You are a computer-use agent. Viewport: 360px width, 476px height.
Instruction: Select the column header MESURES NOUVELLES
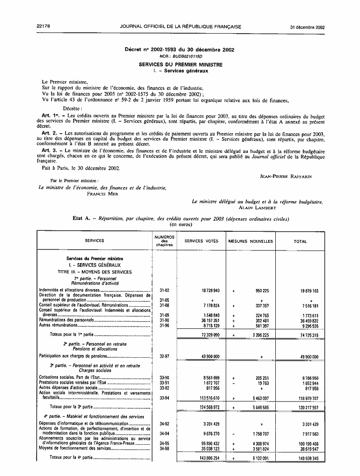(251, 241)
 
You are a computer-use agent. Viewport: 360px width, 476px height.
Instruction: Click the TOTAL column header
(300, 241)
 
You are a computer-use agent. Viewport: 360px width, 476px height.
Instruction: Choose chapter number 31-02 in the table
(164, 291)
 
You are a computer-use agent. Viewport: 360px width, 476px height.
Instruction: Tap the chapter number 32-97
(164, 356)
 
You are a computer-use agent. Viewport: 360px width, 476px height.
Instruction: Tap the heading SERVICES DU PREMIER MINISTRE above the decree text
(180, 64)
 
